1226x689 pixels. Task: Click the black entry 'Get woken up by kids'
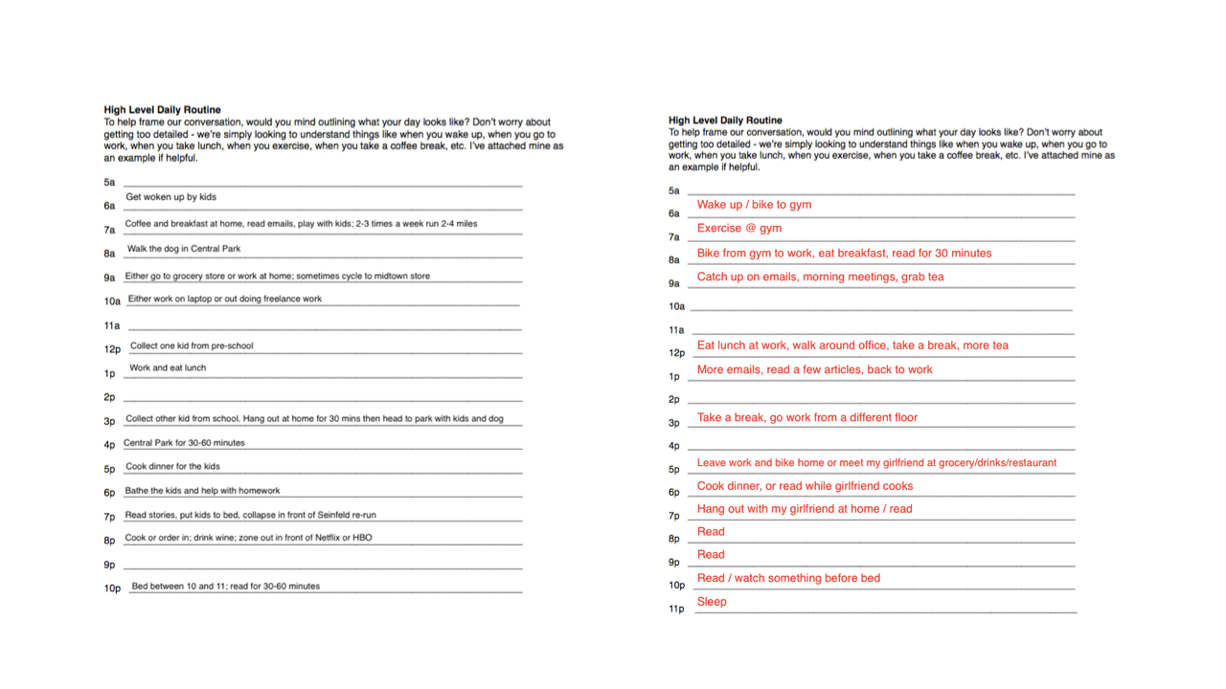tap(170, 197)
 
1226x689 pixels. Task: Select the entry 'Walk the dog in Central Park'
tap(184, 249)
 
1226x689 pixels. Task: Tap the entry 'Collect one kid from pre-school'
tap(192, 345)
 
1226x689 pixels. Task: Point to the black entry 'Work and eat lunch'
tap(168, 367)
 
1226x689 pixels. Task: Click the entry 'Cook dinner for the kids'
tap(172, 466)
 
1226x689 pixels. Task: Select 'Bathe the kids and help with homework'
tap(202, 490)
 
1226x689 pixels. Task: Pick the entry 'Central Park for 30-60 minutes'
tap(184, 443)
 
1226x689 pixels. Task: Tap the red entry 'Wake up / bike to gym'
tap(754, 205)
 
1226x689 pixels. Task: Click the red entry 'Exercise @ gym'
tap(738, 229)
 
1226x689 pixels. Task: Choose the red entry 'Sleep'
tap(712, 602)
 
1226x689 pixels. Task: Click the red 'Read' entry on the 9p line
tap(711, 554)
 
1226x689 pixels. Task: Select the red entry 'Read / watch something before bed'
tap(788, 578)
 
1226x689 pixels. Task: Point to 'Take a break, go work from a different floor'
tap(806, 417)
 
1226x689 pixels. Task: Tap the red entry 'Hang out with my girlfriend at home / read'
tap(805, 509)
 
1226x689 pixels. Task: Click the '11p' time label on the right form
tap(676, 610)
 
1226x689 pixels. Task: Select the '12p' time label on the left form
tap(112, 349)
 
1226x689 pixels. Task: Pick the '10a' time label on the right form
tap(676, 307)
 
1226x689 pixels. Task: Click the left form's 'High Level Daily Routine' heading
tap(162, 110)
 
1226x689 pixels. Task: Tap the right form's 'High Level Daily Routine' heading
tap(725, 121)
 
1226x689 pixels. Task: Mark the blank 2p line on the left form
tap(323, 398)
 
